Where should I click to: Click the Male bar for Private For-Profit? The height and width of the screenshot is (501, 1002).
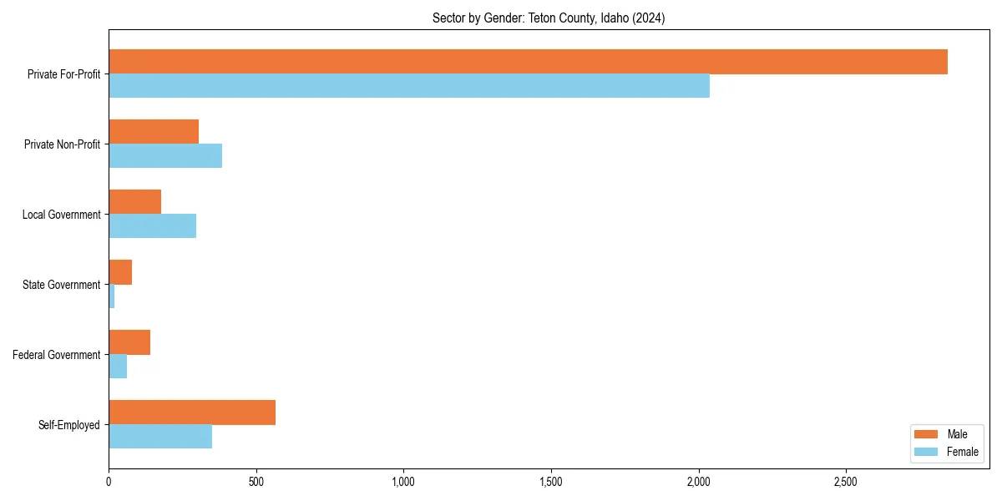pos(528,62)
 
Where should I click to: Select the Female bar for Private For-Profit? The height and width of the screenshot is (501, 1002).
pos(409,86)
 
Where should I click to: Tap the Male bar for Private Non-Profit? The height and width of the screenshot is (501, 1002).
pos(154,132)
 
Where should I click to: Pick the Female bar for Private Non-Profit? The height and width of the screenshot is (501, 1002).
pos(165,156)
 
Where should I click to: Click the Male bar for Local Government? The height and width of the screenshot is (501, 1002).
pos(134,202)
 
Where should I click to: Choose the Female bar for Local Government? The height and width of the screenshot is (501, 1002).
pos(152,226)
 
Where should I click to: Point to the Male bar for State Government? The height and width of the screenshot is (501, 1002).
pos(120,272)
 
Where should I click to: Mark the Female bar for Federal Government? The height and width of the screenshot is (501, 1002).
pos(118,367)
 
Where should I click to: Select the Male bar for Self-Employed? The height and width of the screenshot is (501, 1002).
pos(192,412)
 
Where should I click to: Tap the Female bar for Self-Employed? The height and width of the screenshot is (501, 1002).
pos(160,437)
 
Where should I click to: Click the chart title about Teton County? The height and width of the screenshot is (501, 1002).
pos(549,18)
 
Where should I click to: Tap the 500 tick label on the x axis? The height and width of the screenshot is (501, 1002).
pos(256,482)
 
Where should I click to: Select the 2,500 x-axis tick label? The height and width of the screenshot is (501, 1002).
pos(846,482)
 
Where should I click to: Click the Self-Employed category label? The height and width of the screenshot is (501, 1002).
pos(69,425)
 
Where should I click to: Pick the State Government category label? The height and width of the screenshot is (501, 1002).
pos(62,285)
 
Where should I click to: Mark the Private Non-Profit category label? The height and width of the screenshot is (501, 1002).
pos(63,144)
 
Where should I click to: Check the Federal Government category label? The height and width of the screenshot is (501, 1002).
pos(57,355)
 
